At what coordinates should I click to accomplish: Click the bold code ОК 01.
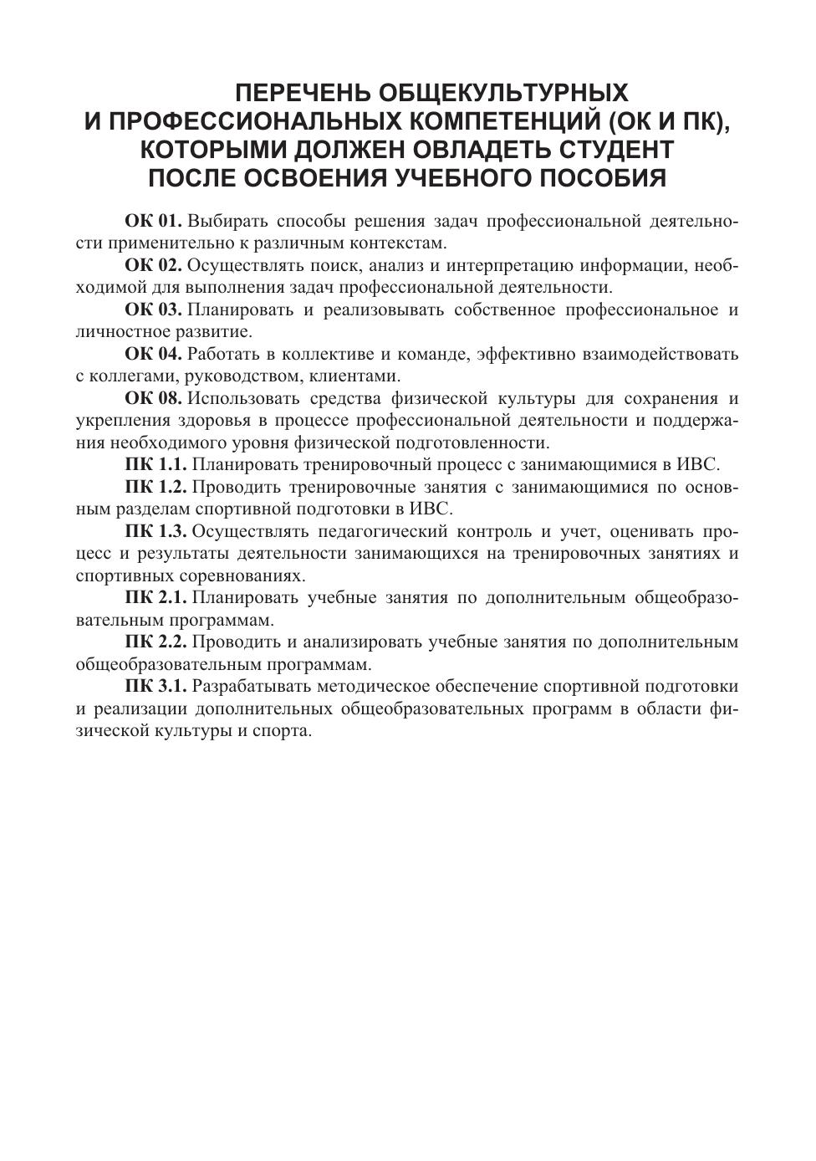click(153, 222)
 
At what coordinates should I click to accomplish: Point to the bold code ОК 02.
click(153, 266)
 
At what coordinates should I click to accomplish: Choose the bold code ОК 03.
click(153, 310)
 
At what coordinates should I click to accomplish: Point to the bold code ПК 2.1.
click(156, 598)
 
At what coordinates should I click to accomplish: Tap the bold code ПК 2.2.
click(156, 642)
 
